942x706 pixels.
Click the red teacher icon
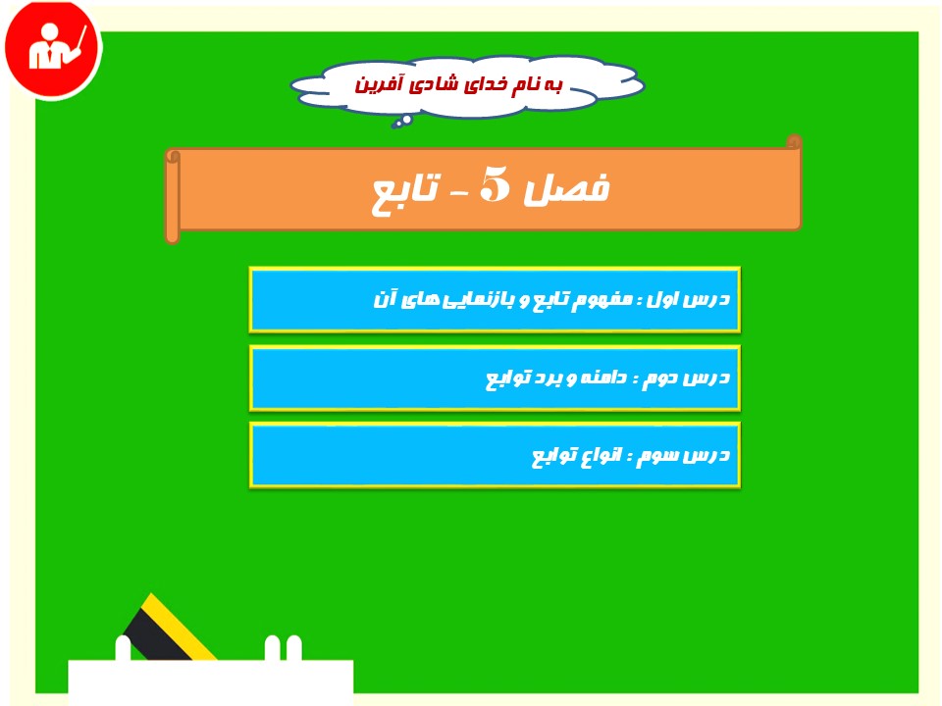pyautogui.click(x=53, y=49)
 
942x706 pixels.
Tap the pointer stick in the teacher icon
pyautogui.click(x=79, y=43)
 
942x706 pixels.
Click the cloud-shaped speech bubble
pyautogui.click(x=467, y=86)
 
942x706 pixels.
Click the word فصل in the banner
pyautogui.click(x=566, y=188)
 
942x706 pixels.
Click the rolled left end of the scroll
pyautogui.click(x=173, y=196)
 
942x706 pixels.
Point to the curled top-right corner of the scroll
pyautogui.click(x=794, y=141)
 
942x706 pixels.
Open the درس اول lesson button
pyautogui.click(x=495, y=300)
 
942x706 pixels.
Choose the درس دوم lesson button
pyautogui.click(x=495, y=378)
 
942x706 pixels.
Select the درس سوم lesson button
pyautogui.click(x=495, y=454)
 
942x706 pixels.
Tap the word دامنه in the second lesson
pyautogui.click(x=603, y=377)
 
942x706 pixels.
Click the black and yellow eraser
pyautogui.click(x=168, y=628)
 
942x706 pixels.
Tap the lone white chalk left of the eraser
pyautogui.click(x=123, y=648)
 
